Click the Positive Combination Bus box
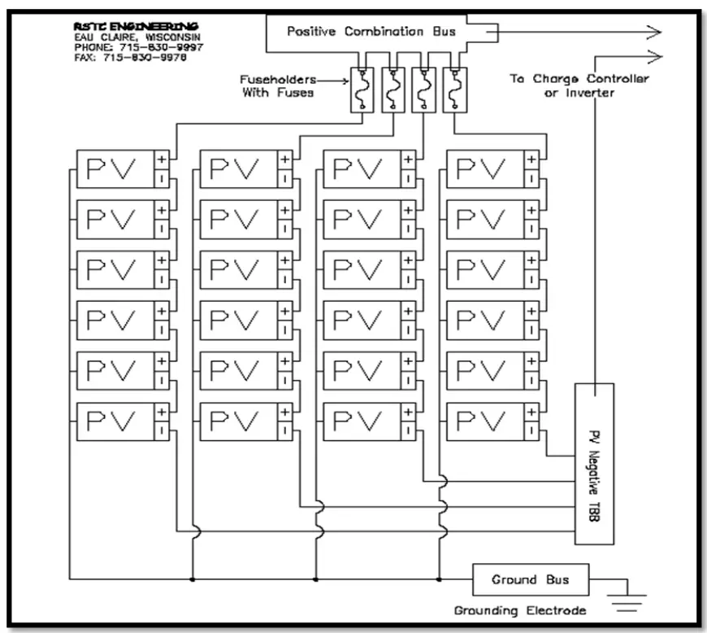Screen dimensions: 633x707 (x=366, y=33)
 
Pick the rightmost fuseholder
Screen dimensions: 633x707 (x=452, y=89)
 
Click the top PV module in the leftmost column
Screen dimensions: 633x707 (x=115, y=169)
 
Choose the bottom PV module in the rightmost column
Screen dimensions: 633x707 (x=485, y=421)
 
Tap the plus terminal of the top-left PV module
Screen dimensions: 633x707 (x=161, y=159)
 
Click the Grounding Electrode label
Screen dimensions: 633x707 (x=519, y=610)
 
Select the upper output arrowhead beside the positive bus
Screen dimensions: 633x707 (x=653, y=33)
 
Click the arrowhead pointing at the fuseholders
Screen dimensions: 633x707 (x=345, y=81)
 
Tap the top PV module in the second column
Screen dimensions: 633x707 (x=238, y=169)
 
